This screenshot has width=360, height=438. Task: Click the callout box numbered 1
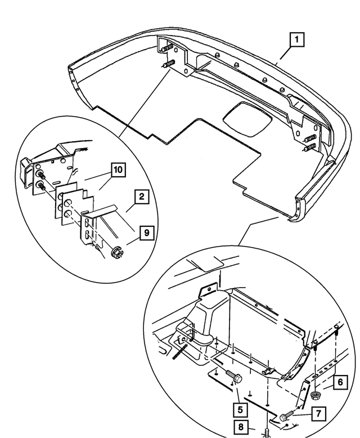click(296, 41)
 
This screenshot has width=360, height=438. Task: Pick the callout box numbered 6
click(341, 382)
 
